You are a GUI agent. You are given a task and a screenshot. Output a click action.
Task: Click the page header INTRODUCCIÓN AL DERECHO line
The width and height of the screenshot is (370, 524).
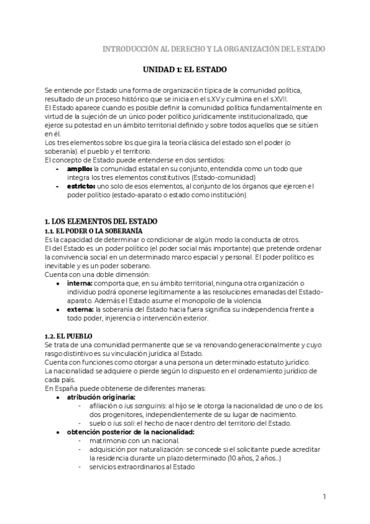[214, 49]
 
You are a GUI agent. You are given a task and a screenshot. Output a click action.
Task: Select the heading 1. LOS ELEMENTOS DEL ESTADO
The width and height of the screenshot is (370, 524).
[101, 221]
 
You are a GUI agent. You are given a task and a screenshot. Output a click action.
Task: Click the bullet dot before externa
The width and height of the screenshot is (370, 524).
[57, 309]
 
